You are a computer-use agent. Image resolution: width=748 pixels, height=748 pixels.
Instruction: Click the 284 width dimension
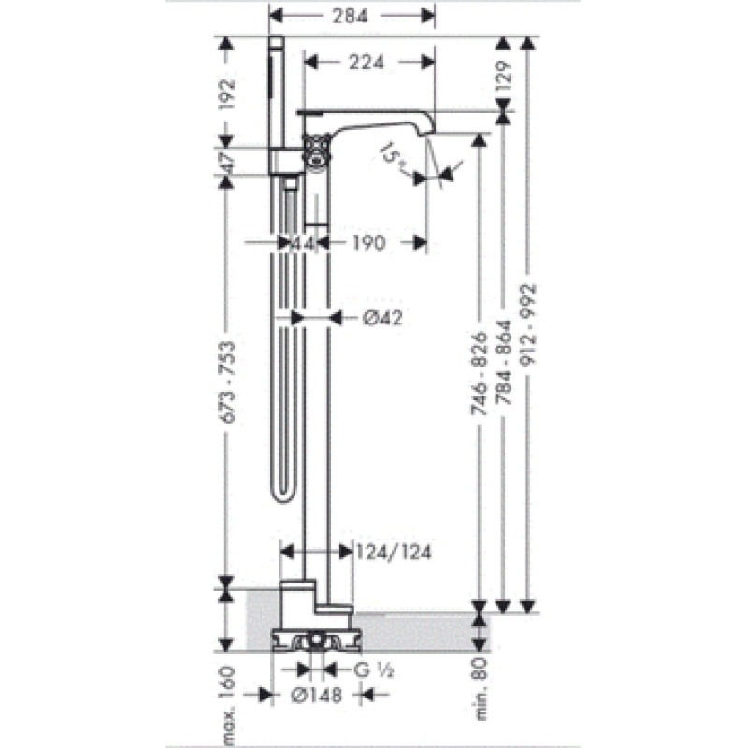click(x=350, y=16)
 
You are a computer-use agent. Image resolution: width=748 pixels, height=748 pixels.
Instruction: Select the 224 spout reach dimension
click(x=366, y=62)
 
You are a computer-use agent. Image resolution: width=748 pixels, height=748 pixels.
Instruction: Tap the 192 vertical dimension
click(x=227, y=94)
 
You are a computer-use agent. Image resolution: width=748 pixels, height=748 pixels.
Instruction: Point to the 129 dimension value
click(x=504, y=76)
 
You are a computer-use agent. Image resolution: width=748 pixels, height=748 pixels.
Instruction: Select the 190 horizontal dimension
click(x=368, y=243)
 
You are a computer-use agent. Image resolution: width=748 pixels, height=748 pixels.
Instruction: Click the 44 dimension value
click(x=303, y=244)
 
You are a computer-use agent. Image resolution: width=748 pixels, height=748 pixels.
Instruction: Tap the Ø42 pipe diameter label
click(x=382, y=318)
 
